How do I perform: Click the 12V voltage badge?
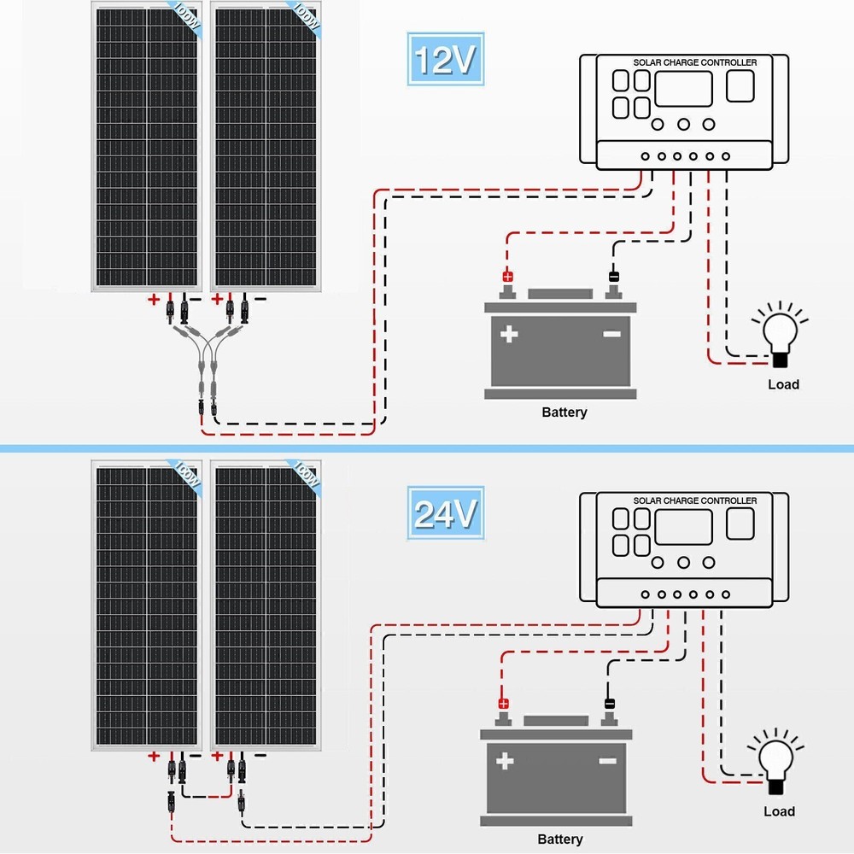[x=443, y=60]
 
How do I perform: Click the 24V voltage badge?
[x=443, y=514]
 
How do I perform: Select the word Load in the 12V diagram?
[x=783, y=384]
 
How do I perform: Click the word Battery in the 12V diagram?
[x=564, y=412]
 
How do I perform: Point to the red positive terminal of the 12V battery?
[x=507, y=277]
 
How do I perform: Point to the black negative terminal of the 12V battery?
[x=613, y=277]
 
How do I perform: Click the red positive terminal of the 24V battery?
[x=503, y=704]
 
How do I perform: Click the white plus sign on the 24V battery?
[x=505, y=760]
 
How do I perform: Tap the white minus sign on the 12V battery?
[x=611, y=334]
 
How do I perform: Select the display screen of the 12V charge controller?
[x=683, y=89]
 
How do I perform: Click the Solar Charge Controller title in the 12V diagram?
[x=694, y=62]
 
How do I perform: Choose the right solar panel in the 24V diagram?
[x=268, y=606]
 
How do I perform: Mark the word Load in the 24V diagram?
[x=779, y=811]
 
